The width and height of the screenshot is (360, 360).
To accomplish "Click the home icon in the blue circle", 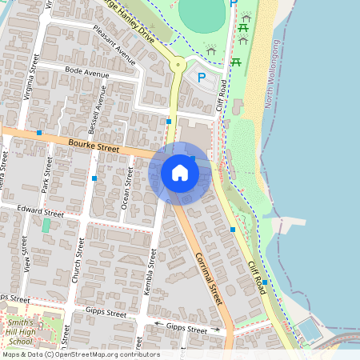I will pos(180,172).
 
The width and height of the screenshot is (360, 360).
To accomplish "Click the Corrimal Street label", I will pos(207,277).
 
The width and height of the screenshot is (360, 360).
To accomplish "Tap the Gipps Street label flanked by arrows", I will pos(186,328).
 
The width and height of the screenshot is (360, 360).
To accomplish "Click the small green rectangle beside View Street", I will pos(46,226).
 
